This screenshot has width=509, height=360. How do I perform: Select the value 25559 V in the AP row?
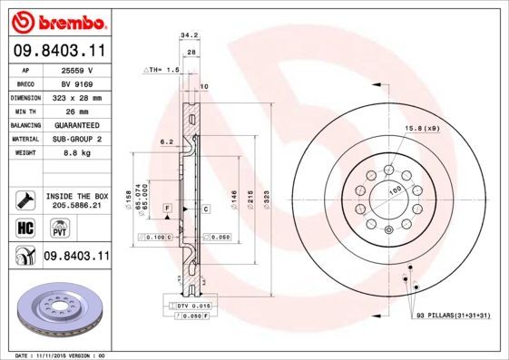pos(78,69)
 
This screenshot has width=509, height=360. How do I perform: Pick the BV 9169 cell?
pos(78,83)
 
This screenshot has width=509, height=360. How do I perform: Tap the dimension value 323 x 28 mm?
pos(78,96)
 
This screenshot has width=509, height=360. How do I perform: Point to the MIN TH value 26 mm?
pos(78,110)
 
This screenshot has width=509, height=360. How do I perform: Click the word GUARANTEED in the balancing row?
pos(78,123)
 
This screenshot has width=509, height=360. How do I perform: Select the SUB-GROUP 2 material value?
pos(78,138)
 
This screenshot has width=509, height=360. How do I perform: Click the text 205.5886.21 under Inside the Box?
pos(78,206)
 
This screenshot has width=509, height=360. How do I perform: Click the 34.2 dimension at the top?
pos(189,36)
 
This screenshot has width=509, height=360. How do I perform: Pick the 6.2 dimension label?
pos(166,142)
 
